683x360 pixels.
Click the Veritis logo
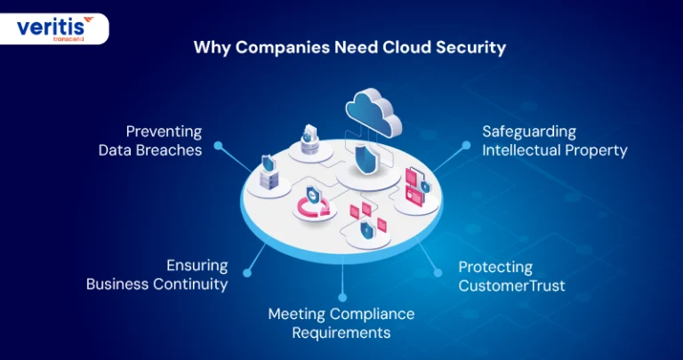pyautogui.click(x=55, y=28)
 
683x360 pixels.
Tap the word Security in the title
pyautogui.click(x=470, y=48)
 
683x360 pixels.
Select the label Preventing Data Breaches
pyautogui.click(x=150, y=140)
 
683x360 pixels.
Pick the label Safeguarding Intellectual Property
pyautogui.click(x=555, y=140)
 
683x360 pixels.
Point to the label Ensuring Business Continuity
pyautogui.click(x=157, y=275)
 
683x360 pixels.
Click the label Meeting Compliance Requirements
pyautogui.click(x=341, y=323)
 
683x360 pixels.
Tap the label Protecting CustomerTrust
pyautogui.click(x=511, y=276)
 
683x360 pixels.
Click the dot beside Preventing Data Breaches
pyautogui.click(x=218, y=146)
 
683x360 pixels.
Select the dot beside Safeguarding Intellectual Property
pyautogui.click(x=466, y=145)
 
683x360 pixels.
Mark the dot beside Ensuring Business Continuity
pyautogui.click(x=247, y=273)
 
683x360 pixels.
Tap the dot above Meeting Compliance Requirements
pyautogui.click(x=342, y=297)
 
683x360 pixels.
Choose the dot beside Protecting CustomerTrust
pyautogui.click(x=438, y=273)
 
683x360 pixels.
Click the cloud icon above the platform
pyautogui.click(x=374, y=112)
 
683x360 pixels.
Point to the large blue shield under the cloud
pyautogui.click(x=363, y=159)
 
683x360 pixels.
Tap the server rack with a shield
pyautogui.click(x=269, y=172)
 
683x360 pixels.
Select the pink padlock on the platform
pyautogui.click(x=410, y=191)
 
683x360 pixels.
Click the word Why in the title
pyautogui.click(x=212, y=48)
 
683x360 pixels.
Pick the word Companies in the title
pyautogui.click(x=282, y=48)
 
